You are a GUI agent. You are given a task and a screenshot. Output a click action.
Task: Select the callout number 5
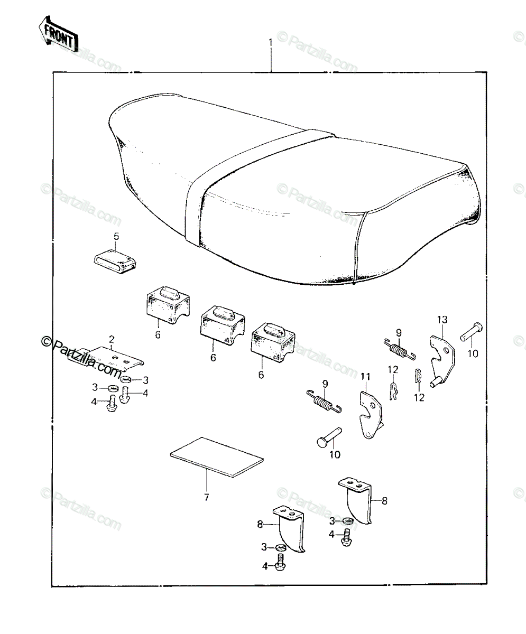tap(116, 237)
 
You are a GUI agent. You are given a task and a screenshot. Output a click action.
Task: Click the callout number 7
tap(206, 506)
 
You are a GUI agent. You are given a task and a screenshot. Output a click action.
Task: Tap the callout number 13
tap(442, 320)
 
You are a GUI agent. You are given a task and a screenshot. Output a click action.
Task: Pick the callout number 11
tap(365, 377)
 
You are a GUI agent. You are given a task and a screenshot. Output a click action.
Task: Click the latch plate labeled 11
tap(371, 415)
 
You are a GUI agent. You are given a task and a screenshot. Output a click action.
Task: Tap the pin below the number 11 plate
tap(329, 437)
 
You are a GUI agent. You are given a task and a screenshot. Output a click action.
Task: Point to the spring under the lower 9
tap(324, 402)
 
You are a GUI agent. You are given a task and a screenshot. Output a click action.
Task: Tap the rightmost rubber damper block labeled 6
tap(272, 342)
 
